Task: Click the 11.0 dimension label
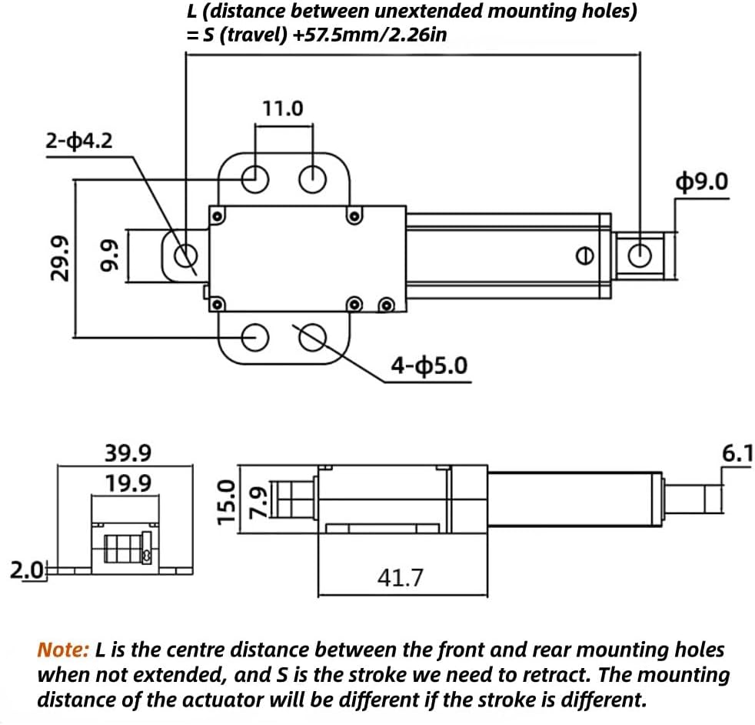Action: point(283,109)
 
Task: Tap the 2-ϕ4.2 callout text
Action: point(80,141)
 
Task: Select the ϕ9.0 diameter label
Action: point(701,181)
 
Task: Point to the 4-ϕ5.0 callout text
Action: point(428,365)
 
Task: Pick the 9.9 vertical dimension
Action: point(108,257)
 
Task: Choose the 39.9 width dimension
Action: point(128,453)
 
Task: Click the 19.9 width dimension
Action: point(128,483)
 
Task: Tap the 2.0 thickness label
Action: point(25,570)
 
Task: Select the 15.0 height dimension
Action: point(225,502)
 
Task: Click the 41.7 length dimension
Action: point(400,577)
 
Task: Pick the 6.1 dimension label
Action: point(737,454)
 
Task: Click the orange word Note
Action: point(64,650)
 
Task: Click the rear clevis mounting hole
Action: point(185,253)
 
